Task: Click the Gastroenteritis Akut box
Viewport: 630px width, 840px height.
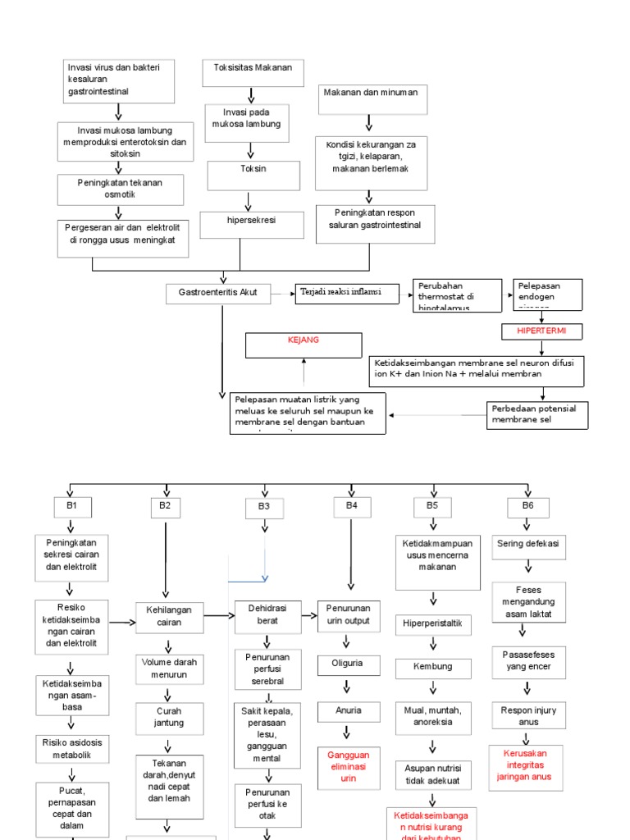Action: click(x=218, y=293)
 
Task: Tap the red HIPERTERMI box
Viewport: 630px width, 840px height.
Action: click(x=541, y=331)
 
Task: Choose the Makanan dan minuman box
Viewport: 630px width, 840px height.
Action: click(x=370, y=98)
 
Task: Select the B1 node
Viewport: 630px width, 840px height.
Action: click(x=72, y=507)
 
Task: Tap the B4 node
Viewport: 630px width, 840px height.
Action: click(x=351, y=507)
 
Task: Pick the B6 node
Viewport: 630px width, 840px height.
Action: click(x=527, y=507)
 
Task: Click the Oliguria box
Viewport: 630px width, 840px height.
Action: click(x=349, y=664)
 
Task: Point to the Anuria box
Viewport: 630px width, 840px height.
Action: click(x=349, y=710)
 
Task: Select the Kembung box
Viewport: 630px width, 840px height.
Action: click(x=433, y=667)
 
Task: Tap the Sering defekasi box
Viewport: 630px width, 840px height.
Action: click(x=527, y=544)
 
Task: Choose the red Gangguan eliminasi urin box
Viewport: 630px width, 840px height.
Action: click(x=349, y=766)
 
